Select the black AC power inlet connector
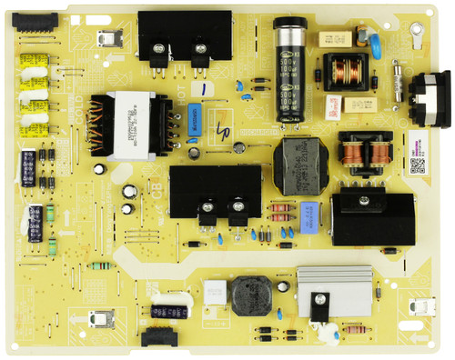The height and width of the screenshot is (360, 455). pos(429,95)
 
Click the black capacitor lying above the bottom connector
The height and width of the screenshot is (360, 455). pos(170,312)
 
